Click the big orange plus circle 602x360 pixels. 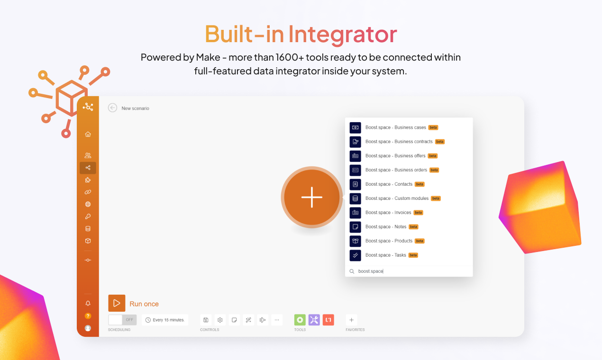point(311,198)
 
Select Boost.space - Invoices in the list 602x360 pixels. point(388,213)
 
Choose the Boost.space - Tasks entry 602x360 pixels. point(385,255)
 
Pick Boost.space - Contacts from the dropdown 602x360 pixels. point(389,184)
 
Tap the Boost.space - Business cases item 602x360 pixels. point(395,127)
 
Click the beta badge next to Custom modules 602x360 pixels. point(436,198)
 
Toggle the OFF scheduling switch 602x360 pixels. point(122,320)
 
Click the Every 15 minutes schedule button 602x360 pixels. point(165,320)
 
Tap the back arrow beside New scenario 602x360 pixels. point(112,108)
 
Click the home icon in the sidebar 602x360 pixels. point(88,135)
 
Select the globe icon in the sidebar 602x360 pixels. point(88,205)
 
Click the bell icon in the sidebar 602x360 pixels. point(88,304)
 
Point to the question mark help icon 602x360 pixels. point(88,316)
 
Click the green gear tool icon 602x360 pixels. point(300,320)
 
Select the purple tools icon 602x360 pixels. point(314,320)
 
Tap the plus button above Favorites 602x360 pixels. point(351,320)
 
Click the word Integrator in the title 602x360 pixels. point(343,34)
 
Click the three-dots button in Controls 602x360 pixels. point(277,320)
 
